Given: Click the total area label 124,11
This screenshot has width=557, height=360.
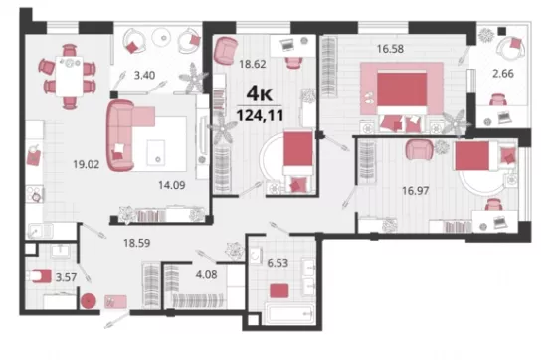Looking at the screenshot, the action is pos(260,115).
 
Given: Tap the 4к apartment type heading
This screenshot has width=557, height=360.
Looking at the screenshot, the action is pos(260,93).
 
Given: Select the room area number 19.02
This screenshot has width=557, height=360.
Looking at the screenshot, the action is pos(86,164).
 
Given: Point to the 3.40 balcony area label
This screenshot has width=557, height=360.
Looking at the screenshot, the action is pos(144,75).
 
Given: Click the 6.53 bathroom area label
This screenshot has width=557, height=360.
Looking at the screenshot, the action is pos(278,263).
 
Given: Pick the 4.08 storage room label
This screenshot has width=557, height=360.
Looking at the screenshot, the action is pos(206,274).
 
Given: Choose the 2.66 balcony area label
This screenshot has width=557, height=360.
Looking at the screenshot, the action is pos(503,74).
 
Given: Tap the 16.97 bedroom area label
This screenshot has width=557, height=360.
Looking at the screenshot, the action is pos(416,191).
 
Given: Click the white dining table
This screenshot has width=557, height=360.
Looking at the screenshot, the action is pos(69,76).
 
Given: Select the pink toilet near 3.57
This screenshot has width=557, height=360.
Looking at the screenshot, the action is pos(41,275).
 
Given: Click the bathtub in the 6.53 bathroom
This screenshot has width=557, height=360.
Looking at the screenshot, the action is pos(289,313).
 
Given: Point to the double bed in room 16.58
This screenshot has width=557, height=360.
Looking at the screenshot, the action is pos(402,100).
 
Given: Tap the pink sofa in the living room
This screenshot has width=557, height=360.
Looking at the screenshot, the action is pos(122,135).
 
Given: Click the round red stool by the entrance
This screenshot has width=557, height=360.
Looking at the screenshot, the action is pos(89,301).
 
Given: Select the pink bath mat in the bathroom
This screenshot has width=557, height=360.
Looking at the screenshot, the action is pos(278,291).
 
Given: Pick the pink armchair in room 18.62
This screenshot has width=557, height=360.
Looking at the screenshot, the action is pos(226,50).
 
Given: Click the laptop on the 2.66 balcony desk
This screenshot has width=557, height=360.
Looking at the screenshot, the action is pos(504,117).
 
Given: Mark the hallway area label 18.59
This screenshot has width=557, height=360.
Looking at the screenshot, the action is pos(137,243).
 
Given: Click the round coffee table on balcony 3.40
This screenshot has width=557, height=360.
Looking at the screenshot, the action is pos(163,37).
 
